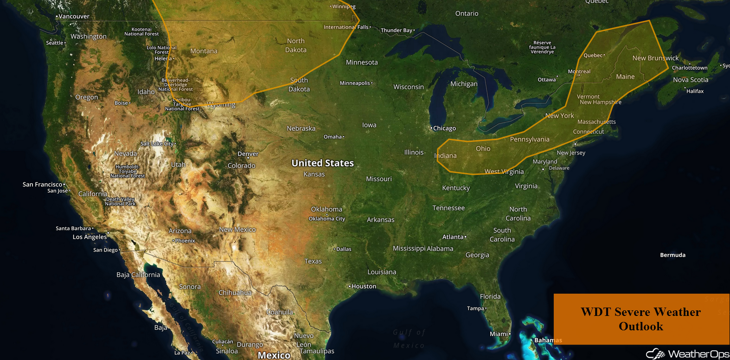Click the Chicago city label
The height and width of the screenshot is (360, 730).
(444, 129)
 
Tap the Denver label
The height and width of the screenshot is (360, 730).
(248, 154)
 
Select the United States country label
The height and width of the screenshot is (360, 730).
(322, 163)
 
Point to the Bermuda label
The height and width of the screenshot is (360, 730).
(672, 255)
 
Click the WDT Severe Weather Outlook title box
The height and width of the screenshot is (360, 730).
(641, 319)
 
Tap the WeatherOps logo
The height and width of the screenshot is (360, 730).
(687, 354)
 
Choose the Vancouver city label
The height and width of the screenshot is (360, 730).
(74, 16)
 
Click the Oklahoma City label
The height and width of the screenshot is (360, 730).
(327, 219)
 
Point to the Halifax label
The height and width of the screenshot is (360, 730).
(695, 91)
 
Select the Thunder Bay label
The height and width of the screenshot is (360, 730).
(397, 31)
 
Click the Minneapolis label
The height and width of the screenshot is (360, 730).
(355, 84)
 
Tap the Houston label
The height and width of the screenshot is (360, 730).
(364, 286)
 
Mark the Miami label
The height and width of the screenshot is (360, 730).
(499, 334)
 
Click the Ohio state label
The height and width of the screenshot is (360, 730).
(483, 148)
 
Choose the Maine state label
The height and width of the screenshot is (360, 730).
(625, 77)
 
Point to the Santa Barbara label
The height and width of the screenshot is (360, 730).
(73, 228)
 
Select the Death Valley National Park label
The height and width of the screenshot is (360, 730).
(120, 201)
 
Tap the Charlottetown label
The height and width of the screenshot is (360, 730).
(690, 68)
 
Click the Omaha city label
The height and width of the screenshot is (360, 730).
(333, 137)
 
